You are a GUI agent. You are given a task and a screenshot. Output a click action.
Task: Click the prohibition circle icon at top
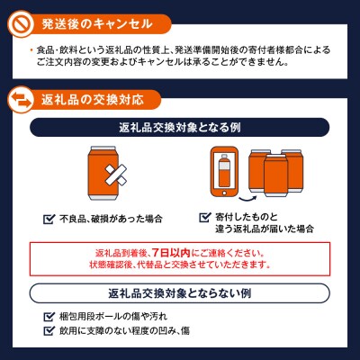coord(21,24)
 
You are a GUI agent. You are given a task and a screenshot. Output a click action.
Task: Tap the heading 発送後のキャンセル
coord(97,24)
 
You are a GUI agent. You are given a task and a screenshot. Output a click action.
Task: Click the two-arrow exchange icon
coord(21,100)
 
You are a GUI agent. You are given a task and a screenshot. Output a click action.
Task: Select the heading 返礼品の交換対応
coord(93,100)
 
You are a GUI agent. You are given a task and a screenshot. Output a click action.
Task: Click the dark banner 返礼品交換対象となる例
coord(179,128)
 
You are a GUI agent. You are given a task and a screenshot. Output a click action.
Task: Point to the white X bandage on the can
coord(115,175)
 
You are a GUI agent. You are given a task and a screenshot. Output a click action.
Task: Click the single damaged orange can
coord(103,173)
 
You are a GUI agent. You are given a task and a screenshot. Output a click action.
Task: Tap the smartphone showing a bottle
coord(224,172)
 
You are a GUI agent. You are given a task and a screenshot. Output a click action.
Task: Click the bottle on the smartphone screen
coord(224,170)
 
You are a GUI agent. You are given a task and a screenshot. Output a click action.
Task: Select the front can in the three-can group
coord(275,175)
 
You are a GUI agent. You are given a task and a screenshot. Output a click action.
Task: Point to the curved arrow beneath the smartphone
coord(248,199)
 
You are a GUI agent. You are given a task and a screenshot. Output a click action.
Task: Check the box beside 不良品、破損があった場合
coord(49,220)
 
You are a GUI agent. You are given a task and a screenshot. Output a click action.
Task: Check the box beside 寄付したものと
coord(205,217)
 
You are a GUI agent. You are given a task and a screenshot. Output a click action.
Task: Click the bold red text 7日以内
coord(171,253)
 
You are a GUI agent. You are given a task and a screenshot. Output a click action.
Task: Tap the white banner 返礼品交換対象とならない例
coord(179,293)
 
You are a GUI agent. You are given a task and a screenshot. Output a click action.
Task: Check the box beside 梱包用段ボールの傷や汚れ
coord(49,317)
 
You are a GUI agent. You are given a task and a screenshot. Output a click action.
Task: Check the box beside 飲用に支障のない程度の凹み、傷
coord(49,331)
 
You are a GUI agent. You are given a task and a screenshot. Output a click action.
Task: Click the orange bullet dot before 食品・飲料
coord(31,50)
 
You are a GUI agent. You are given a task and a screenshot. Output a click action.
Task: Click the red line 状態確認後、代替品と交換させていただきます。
coord(180,265)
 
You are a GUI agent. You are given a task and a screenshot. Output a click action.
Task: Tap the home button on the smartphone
coord(224,193)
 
